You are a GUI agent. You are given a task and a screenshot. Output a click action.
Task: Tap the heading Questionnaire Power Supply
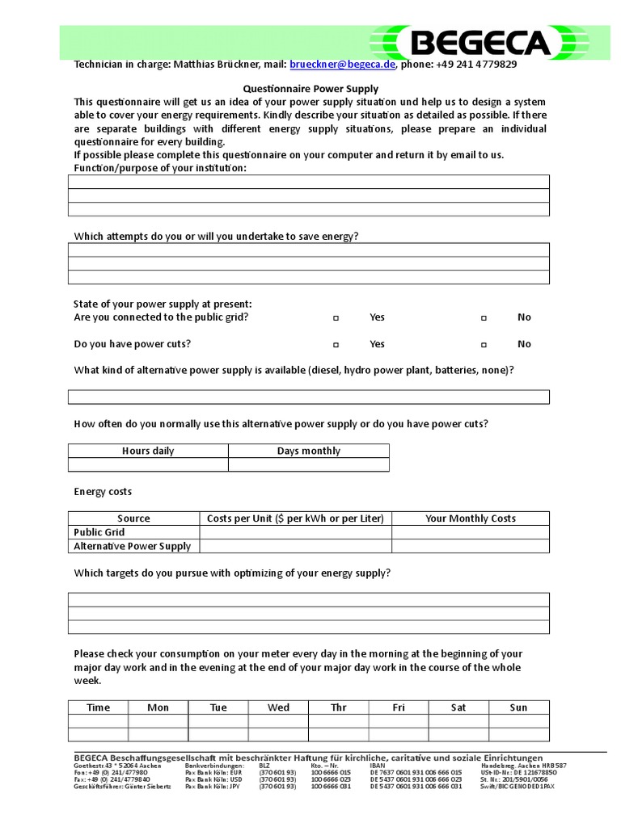(x=311, y=89)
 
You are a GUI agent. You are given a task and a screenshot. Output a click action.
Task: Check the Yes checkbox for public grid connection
(x=336, y=318)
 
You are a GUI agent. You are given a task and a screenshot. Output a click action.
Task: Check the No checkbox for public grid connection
(x=484, y=318)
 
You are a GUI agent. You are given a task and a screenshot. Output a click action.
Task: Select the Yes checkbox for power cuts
(x=336, y=345)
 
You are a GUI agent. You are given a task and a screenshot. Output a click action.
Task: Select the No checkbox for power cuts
(x=484, y=345)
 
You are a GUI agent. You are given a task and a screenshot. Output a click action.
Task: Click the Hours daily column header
(x=148, y=451)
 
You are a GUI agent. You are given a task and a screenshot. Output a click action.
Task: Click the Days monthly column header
(x=308, y=451)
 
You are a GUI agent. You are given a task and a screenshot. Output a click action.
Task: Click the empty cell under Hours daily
(x=148, y=464)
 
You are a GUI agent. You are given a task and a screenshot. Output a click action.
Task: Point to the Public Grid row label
(x=99, y=532)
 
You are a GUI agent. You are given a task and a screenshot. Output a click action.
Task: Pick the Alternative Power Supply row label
(x=133, y=546)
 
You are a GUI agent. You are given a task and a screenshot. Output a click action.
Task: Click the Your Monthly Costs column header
(x=470, y=518)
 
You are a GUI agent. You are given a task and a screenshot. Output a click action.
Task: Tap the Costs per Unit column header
(x=295, y=518)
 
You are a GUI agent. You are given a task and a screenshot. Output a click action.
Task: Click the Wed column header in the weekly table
(x=278, y=707)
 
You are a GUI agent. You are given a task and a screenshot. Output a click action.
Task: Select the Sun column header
(x=518, y=707)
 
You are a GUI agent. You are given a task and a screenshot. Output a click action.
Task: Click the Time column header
(x=98, y=707)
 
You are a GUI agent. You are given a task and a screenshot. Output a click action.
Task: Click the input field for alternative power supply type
(x=308, y=397)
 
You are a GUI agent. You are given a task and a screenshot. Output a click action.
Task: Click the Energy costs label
(x=103, y=491)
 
